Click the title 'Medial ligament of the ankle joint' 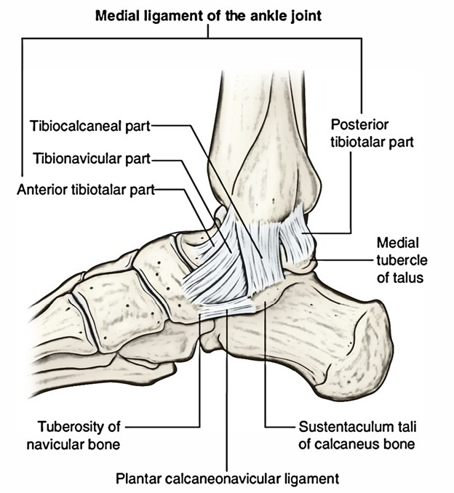[208, 16]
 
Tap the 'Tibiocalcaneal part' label [90, 126]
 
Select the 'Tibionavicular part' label [92, 159]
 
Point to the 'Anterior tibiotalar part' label [86, 190]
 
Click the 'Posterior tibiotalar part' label [372, 133]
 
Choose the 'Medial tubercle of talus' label [402, 260]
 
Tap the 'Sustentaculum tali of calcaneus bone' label [357, 436]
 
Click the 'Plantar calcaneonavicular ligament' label [228, 478]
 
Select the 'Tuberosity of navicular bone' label [73, 436]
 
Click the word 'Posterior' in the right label [359, 125]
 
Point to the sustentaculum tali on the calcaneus [266, 299]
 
